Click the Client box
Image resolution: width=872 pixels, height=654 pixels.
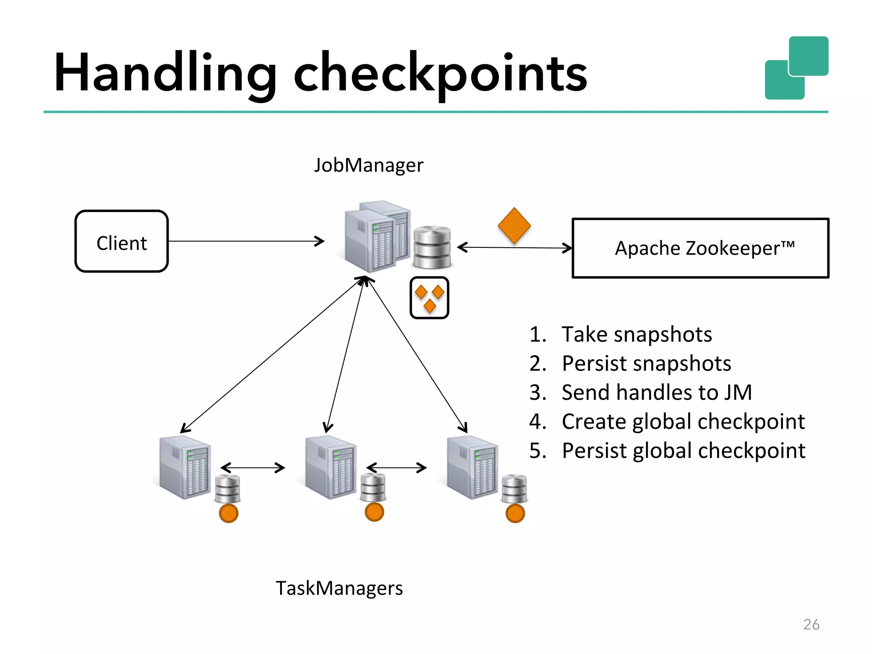pyautogui.click(x=122, y=241)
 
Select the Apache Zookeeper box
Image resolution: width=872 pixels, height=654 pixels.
pyautogui.click(x=700, y=248)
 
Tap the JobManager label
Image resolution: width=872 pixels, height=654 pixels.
pyautogui.click(x=368, y=165)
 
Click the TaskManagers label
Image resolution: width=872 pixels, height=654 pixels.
pyautogui.click(x=339, y=588)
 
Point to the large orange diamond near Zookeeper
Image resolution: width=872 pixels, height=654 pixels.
pyautogui.click(x=514, y=226)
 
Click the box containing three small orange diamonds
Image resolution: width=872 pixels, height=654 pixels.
pyautogui.click(x=429, y=298)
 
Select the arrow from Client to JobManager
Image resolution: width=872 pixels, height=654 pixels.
pyautogui.click(x=246, y=241)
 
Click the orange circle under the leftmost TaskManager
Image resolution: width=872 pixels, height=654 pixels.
pyautogui.click(x=229, y=513)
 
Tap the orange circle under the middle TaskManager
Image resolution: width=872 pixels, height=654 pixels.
pyautogui.click(x=374, y=512)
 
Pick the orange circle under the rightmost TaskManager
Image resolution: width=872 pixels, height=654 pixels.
pyautogui.click(x=515, y=513)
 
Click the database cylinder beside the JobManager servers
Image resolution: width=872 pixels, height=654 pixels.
pyautogui.click(x=432, y=247)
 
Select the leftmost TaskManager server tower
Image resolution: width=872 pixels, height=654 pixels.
pyautogui.click(x=185, y=467)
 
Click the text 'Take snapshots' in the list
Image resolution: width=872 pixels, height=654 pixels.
pyautogui.click(x=636, y=334)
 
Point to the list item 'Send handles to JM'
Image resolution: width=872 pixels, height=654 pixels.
pyautogui.click(x=656, y=392)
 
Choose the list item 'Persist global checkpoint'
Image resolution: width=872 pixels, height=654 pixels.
pyautogui.click(x=683, y=450)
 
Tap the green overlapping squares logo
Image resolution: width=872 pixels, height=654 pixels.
pyautogui.click(x=796, y=68)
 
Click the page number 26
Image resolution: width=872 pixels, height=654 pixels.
pyautogui.click(x=811, y=624)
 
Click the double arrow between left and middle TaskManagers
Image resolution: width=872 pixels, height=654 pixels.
pyautogui.click(x=252, y=468)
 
